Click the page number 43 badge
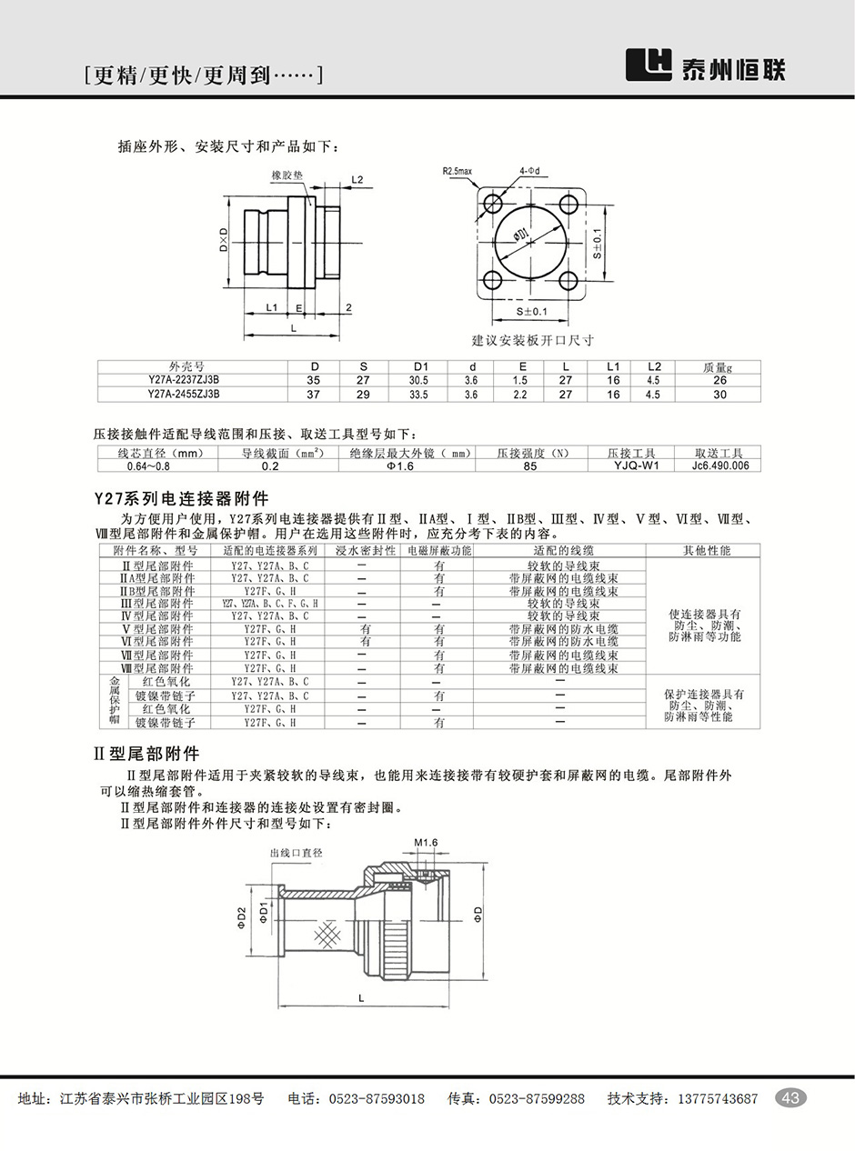pyautogui.click(x=790, y=1098)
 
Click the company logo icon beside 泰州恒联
pyautogui.click(x=649, y=65)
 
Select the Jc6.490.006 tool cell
pyautogui.click(x=719, y=465)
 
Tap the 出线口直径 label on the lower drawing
pyautogui.click(x=297, y=854)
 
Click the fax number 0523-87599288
pyautogui.click(x=537, y=1098)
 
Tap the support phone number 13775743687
pyautogui.click(x=718, y=1098)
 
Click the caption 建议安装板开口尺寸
pyautogui.click(x=532, y=340)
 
